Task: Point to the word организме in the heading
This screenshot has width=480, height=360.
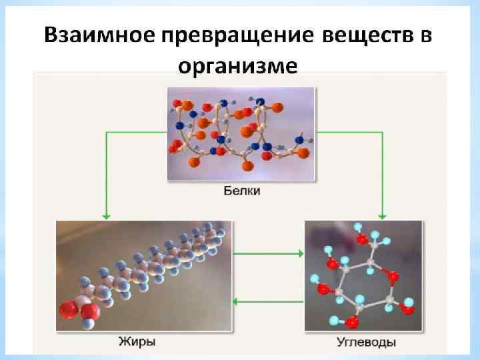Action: coord(239,66)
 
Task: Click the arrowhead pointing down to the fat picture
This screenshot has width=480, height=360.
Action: coord(105,215)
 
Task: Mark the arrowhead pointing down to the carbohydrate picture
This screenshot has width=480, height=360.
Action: coord(383,215)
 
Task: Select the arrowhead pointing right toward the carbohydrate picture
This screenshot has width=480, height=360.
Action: coord(300,253)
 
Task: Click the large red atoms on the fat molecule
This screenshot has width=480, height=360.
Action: coord(77,311)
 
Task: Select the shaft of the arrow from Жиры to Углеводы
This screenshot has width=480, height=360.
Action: coord(267,253)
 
